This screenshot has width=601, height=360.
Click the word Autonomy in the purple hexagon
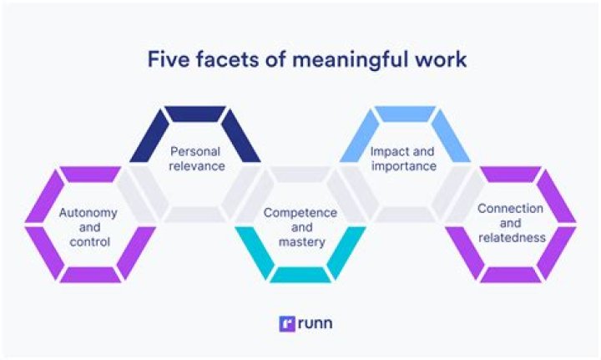click(88, 212)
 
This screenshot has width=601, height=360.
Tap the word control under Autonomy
click(88, 242)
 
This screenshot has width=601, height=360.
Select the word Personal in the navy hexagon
click(194, 151)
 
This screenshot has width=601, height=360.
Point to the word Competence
click(300, 213)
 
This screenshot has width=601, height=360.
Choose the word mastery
click(300, 243)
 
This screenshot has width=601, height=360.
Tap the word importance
click(404, 165)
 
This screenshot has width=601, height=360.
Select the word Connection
click(511, 208)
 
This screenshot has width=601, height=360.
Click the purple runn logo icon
click(286, 323)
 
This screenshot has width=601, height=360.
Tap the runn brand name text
click(314, 323)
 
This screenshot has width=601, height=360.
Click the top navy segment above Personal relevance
click(195, 114)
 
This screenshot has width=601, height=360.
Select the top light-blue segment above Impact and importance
click(405, 114)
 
